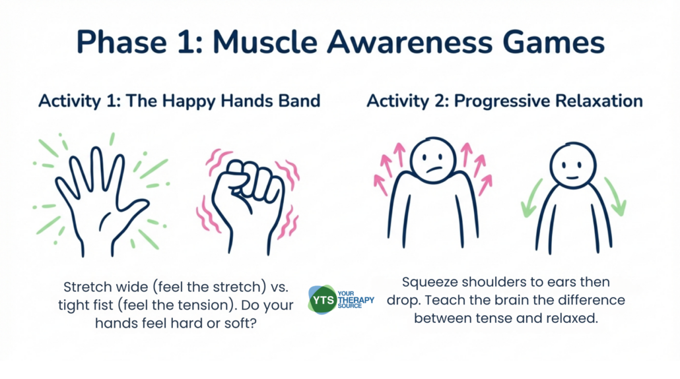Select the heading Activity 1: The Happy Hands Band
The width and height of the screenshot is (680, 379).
(179, 102)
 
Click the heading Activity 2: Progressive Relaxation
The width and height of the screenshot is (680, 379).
(504, 102)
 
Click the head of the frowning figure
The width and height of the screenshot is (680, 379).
(433, 160)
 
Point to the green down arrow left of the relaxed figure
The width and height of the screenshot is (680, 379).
(531, 199)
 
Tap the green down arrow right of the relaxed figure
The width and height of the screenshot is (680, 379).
(616, 197)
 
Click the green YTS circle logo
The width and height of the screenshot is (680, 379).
(323, 300)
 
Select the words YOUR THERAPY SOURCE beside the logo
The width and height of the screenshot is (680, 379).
(356, 300)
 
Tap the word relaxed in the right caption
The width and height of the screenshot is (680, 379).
(572, 318)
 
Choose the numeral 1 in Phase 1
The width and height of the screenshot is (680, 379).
(187, 42)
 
